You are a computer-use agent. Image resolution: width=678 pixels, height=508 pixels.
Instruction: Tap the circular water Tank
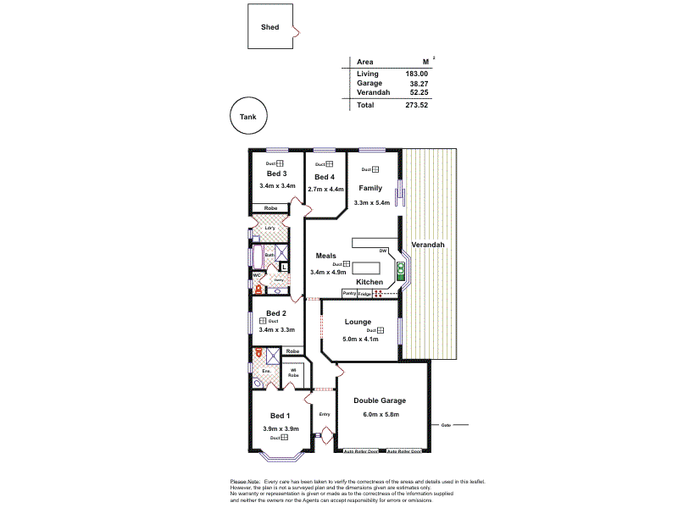(x=248, y=117)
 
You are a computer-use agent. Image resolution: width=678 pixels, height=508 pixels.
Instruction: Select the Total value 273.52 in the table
(x=416, y=105)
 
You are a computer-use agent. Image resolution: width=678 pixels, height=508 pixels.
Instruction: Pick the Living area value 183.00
(x=416, y=75)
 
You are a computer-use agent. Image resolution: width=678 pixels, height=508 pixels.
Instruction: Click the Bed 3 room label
(x=277, y=174)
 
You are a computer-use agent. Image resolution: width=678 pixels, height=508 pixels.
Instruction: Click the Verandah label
(x=427, y=245)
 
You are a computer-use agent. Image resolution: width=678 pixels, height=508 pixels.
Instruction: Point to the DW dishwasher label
(x=383, y=251)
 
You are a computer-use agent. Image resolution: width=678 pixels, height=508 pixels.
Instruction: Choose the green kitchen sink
(x=401, y=270)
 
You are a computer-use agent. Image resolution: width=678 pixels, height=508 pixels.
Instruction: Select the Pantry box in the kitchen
(x=348, y=293)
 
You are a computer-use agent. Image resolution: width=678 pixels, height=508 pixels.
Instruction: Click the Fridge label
(x=364, y=294)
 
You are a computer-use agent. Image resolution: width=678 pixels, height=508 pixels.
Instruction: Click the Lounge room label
(x=359, y=322)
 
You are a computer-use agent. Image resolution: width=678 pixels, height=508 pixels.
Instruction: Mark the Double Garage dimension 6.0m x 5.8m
(x=380, y=414)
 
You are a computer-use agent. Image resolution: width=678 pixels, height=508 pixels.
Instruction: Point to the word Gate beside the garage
(x=445, y=424)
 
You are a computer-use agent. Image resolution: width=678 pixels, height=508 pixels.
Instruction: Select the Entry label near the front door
(x=324, y=414)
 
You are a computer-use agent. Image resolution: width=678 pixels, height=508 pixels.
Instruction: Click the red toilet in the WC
(x=257, y=289)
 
